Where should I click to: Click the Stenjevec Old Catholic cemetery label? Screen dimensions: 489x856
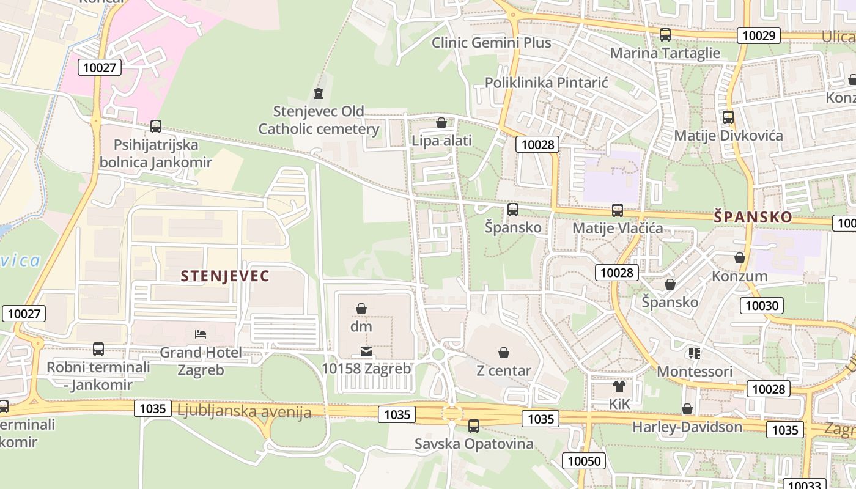click(x=319, y=120)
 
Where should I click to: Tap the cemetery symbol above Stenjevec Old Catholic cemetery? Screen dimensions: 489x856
click(x=318, y=94)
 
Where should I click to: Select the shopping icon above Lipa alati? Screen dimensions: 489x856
click(x=441, y=123)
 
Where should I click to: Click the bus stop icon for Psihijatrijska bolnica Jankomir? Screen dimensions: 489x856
click(x=156, y=127)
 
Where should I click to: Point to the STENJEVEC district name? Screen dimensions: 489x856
click(x=225, y=276)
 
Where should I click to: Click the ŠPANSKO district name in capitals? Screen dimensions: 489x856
click(x=753, y=217)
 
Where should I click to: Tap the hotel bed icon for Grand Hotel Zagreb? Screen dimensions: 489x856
click(x=201, y=334)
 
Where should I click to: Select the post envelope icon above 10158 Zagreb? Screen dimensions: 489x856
click(x=366, y=351)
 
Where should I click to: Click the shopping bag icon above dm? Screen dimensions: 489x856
click(x=361, y=309)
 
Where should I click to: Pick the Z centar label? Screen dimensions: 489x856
click(x=503, y=370)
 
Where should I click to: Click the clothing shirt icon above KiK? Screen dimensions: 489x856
click(x=619, y=386)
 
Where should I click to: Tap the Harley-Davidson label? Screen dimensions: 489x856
click(x=687, y=427)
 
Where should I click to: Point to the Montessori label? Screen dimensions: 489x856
click(x=695, y=371)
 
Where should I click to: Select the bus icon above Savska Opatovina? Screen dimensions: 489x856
click(x=474, y=426)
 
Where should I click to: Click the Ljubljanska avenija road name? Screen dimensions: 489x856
click(x=244, y=411)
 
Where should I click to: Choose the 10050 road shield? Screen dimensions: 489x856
click(x=584, y=461)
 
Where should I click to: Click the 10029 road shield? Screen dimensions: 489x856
click(x=759, y=35)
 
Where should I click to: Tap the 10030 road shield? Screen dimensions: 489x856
click(x=762, y=306)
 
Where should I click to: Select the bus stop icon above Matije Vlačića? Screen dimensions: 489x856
click(x=618, y=210)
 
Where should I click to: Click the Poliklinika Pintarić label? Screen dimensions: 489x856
click(x=547, y=83)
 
